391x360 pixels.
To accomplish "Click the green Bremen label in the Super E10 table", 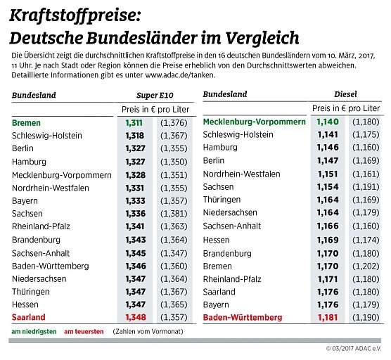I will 27,122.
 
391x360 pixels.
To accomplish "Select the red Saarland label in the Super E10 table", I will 28,317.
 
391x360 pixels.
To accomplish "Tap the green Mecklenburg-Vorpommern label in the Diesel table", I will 254,122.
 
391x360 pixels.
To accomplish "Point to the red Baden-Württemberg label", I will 243,317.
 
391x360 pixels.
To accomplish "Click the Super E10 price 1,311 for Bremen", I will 134,122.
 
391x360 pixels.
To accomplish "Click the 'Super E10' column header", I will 154,94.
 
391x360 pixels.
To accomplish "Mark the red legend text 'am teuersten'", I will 84,331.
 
